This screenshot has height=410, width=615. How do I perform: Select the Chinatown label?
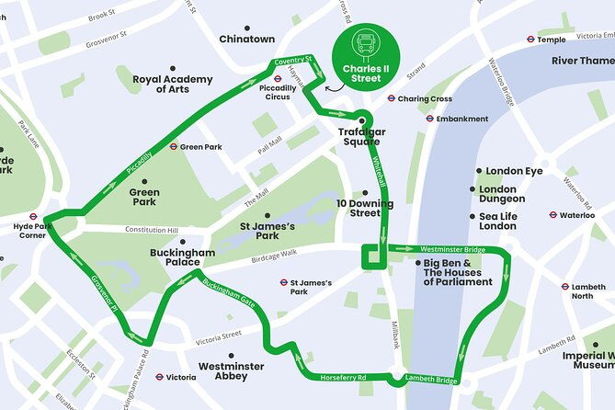246,40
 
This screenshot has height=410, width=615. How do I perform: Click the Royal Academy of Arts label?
173,84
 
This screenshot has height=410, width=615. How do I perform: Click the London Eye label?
514,171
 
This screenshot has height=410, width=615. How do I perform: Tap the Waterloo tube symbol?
552,215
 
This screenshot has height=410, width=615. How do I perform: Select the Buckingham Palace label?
182,257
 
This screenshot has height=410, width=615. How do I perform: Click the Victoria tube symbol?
159,377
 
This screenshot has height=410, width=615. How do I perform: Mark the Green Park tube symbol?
173,147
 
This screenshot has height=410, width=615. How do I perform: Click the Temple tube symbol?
530,40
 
